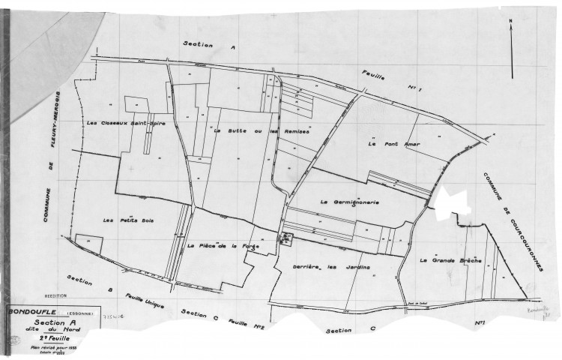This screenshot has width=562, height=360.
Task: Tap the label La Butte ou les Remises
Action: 262,130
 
